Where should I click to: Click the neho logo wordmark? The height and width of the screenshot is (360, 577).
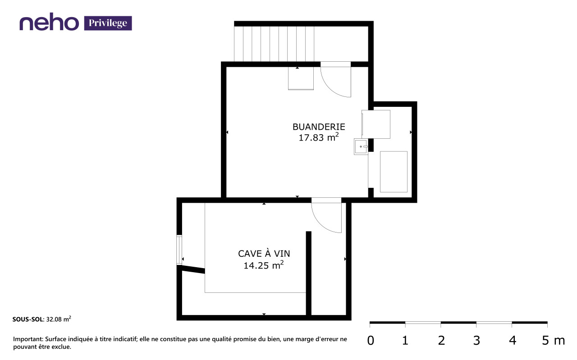coord(49,22)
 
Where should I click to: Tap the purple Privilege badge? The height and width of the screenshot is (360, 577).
coord(108,23)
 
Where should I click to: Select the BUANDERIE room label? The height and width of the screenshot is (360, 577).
coord(319,127)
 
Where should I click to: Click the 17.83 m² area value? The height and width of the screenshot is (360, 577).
coord(318,137)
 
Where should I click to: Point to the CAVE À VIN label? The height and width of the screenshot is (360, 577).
coord(264,253)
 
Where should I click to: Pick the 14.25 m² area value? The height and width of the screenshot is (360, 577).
coord(264,265)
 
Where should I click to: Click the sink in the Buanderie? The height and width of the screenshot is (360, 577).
coord(361,146)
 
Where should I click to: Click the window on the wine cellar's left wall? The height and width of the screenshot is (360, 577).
coord(179,250)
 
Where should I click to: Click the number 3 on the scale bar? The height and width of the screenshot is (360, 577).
coord(476,341)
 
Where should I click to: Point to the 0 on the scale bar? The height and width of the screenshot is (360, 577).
coord(371,341)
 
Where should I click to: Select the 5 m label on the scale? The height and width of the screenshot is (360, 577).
coord(553,341)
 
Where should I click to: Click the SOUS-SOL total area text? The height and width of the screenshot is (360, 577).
coord(42,319)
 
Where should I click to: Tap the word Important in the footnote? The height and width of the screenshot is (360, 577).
coord(28,339)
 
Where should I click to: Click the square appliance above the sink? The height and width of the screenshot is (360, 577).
coord(376,124)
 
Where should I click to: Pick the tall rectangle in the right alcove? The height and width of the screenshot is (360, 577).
coord(394,172)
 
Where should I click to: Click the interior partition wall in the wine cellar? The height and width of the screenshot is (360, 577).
coord(309,273)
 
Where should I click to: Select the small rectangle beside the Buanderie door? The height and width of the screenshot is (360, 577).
coord(301,78)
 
